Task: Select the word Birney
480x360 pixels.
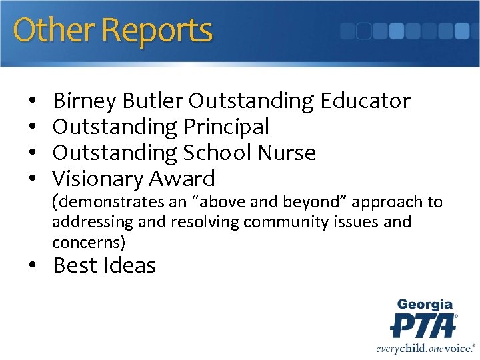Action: (x=85, y=101)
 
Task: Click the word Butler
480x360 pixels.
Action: (x=153, y=101)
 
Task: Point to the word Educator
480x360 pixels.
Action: (x=365, y=101)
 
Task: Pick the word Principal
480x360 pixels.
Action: (x=223, y=127)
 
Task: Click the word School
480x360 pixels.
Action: (x=216, y=153)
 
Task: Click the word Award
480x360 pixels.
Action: (x=181, y=179)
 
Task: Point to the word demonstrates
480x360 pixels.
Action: (x=110, y=202)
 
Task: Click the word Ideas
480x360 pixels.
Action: (x=131, y=265)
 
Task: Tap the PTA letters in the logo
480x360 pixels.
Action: (x=423, y=325)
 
